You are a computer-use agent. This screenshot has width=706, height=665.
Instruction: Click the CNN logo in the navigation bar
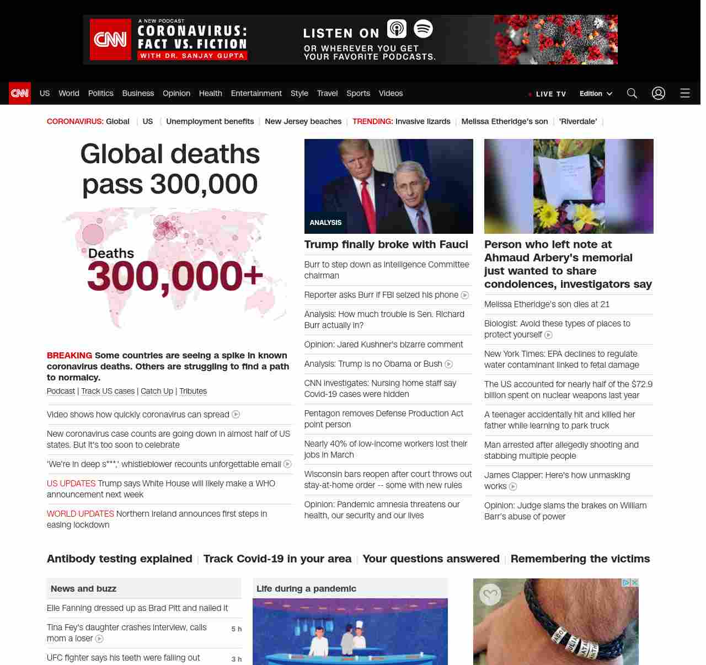[x=20, y=93]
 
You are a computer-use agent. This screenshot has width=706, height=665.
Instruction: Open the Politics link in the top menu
[x=101, y=93]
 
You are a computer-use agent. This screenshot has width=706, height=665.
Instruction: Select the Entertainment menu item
[x=256, y=93]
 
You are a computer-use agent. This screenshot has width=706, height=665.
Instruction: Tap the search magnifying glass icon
[x=632, y=93]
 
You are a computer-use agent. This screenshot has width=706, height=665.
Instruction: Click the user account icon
[x=659, y=93]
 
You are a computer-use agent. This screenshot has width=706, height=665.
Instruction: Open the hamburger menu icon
[x=685, y=93]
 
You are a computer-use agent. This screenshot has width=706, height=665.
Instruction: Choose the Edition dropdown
[x=596, y=93]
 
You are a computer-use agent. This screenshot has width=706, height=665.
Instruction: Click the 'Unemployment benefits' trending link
[x=210, y=121]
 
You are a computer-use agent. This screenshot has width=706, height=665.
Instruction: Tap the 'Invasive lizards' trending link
[x=422, y=121]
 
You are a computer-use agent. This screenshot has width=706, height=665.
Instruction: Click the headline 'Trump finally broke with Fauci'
[x=386, y=244]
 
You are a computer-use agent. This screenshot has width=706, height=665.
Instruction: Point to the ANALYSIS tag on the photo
[x=325, y=223]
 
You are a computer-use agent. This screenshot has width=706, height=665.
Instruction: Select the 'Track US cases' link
[x=108, y=391]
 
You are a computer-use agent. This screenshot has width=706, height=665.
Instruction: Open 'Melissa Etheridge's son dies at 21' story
[x=547, y=304]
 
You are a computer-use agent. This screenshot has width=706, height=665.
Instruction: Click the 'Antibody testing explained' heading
[x=120, y=559]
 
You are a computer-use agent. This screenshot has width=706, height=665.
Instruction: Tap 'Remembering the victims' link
[x=580, y=559]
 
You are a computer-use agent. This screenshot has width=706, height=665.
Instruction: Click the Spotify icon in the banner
[x=423, y=29]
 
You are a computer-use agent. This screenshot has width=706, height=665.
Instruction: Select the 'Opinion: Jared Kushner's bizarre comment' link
[x=383, y=345]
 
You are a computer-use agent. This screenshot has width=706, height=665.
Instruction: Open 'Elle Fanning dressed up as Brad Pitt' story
[x=137, y=608]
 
